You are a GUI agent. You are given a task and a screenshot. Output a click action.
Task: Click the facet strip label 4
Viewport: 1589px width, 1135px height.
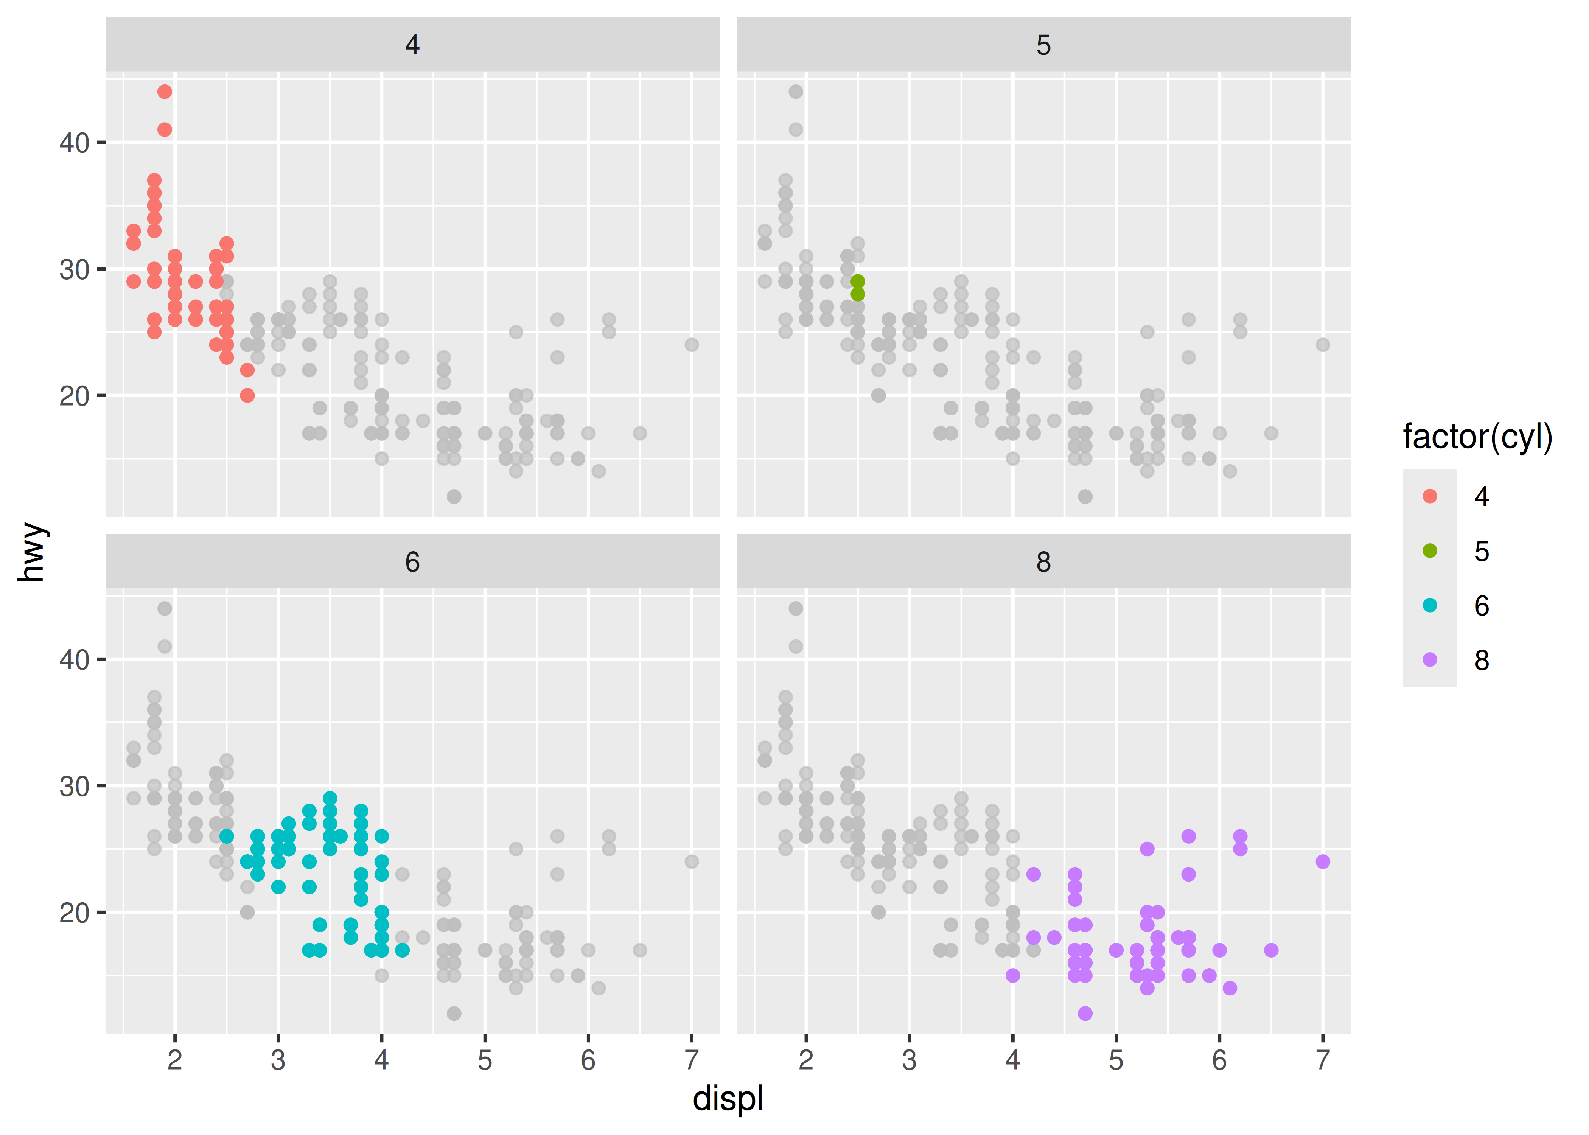pos(412,45)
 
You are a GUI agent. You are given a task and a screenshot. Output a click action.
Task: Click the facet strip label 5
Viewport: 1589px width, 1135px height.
pos(1043,45)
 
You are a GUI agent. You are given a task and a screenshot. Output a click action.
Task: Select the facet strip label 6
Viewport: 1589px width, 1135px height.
pos(412,562)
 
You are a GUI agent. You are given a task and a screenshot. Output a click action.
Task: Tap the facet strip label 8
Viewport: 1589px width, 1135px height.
pos(1043,562)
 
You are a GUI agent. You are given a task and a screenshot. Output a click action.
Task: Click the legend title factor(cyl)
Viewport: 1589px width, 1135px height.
pos(1477,437)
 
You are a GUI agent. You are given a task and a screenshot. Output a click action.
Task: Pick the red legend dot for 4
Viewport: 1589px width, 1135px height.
pos(1430,496)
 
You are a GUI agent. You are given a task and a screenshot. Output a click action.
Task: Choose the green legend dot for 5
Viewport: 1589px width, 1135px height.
pos(1430,551)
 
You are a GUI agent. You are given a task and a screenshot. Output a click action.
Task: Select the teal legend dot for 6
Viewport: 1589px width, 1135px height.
pos(1430,605)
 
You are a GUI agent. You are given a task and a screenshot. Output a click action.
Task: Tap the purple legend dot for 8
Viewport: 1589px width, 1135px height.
pos(1430,660)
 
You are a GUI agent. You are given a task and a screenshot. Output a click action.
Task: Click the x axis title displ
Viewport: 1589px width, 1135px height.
pos(728,1098)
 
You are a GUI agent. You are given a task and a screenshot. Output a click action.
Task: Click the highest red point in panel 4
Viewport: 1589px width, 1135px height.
pos(164,92)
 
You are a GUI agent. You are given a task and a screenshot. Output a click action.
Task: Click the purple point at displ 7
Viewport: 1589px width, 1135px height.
pos(1322,862)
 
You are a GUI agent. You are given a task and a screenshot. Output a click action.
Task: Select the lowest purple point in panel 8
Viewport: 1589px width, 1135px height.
pos(1084,1014)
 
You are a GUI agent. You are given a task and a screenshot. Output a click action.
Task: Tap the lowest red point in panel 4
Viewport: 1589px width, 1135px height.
pos(247,396)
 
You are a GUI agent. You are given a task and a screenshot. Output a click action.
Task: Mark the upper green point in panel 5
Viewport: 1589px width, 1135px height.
pos(857,281)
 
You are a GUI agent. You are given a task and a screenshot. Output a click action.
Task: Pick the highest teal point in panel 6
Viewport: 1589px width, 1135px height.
pos(330,799)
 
